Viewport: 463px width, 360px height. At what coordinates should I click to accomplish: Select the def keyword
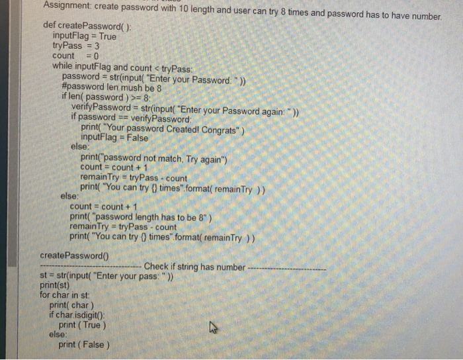tap(48, 26)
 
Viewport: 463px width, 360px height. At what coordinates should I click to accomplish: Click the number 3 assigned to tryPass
tap(96, 46)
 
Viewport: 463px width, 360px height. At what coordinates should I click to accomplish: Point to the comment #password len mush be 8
tap(111, 87)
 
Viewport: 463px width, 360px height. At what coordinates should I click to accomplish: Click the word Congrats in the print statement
tap(216, 128)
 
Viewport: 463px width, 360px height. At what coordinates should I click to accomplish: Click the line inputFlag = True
tap(84, 36)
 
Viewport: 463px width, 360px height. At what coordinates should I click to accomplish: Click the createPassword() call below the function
tap(74, 255)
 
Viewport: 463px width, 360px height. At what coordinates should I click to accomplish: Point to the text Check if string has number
tap(194, 267)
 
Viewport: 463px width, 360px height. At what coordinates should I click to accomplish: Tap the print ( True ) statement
tap(82, 325)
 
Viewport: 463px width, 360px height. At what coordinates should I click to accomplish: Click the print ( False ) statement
tap(84, 345)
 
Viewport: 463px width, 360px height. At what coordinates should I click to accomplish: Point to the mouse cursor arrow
tap(213, 327)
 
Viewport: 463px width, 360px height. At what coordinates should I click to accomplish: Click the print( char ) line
tap(70, 305)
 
